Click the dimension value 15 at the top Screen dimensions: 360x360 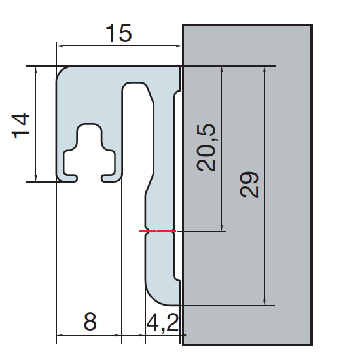tap(118, 33)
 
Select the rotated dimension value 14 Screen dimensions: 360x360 tap(21, 125)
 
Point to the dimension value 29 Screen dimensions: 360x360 tap(249, 185)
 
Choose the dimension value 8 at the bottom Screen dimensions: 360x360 tap(90, 322)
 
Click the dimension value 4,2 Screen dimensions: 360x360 tap(161, 323)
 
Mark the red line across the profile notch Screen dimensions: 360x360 tap(158, 231)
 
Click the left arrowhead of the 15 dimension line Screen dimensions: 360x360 tap(61, 46)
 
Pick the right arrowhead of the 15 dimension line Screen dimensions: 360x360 tap(177, 46)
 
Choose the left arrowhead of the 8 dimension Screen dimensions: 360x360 tap(61, 337)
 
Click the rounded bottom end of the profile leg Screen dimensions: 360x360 tap(160, 295)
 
